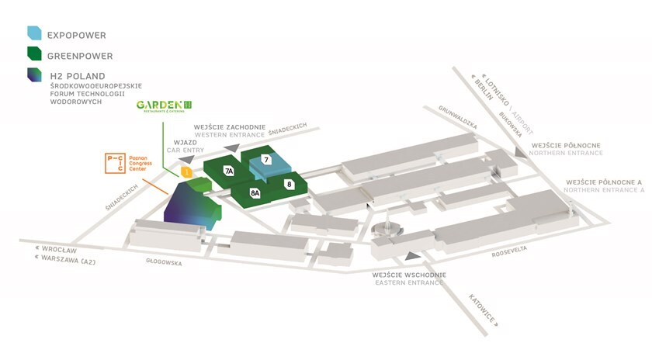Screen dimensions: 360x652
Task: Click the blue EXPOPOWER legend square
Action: click(34, 33)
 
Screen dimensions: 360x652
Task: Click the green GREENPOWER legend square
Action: click(34, 54)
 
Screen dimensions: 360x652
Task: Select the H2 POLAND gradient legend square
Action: click(34, 74)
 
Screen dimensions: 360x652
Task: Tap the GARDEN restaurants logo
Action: click(164, 106)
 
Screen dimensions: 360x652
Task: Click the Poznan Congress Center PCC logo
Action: click(113, 163)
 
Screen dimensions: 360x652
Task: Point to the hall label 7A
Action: click(229, 170)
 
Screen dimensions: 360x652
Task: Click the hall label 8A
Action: click(255, 192)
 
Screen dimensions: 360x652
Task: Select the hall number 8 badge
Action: click(289, 184)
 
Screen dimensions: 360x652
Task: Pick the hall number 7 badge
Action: click(265, 160)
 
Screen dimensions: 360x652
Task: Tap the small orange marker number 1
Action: click(186, 171)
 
